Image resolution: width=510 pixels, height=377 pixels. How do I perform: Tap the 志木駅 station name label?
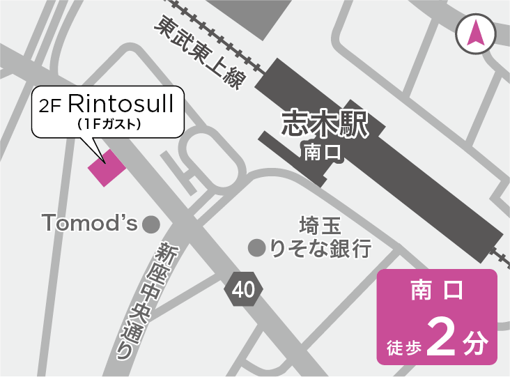tap(324, 123)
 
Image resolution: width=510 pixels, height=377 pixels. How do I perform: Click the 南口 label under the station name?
tap(323, 152)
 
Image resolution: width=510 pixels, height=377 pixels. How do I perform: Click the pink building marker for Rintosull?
tap(106, 167)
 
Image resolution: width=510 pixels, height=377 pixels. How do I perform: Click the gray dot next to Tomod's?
tap(150, 224)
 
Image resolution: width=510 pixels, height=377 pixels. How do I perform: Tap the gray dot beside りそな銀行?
tap(256, 247)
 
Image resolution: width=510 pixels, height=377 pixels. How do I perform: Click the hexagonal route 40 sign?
tap(244, 289)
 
